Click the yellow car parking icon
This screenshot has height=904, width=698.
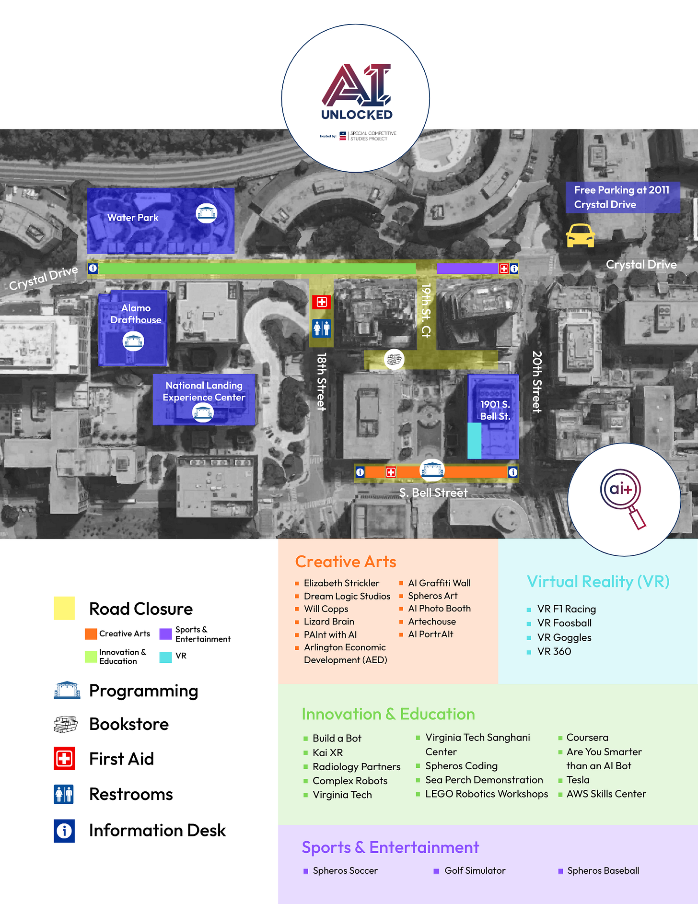pyautogui.click(x=580, y=235)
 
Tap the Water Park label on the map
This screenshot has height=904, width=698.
pyautogui.click(x=133, y=218)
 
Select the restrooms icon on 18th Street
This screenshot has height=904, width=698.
pyautogui.click(x=322, y=328)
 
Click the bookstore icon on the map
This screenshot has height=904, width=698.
pyautogui.click(x=394, y=359)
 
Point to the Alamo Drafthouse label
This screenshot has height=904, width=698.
pyautogui.click(x=136, y=314)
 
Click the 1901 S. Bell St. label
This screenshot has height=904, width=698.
pyautogui.click(x=495, y=410)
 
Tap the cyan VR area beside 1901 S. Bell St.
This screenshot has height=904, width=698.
pyautogui.click(x=474, y=440)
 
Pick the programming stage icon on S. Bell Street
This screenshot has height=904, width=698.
pyautogui.click(x=432, y=470)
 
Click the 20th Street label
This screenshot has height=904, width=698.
pyautogui.click(x=537, y=381)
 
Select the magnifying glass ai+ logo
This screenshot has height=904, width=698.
pyautogui.click(x=624, y=499)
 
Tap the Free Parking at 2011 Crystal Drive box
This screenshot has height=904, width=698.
pyautogui.click(x=622, y=197)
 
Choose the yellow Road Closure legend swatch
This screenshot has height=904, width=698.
pyautogui.click(x=64, y=608)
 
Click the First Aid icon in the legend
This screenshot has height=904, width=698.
pyautogui.click(x=64, y=759)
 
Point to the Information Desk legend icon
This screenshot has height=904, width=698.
pyautogui.click(x=64, y=830)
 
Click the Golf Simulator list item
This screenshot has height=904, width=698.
pyautogui.click(x=475, y=870)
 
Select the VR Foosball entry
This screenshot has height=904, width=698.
pyautogui.click(x=564, y=623)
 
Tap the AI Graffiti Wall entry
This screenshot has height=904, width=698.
pyautogui.click(x=439, y=583)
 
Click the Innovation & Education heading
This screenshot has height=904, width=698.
pyautogui.click(x=388, y=714)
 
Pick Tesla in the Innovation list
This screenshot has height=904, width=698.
pyautogui.click(x=578, y=780)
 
